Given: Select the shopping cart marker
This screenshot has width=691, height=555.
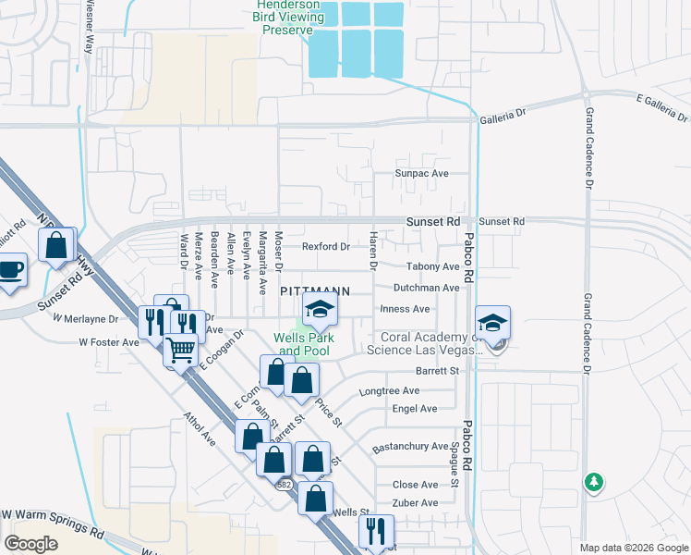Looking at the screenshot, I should pyautogui.click(x=180, y=349).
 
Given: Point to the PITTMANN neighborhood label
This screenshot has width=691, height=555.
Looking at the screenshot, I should pyautogui.click(x=315, y=290).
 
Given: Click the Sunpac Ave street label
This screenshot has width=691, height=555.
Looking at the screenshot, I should pyautogui.click(x=421, y=173).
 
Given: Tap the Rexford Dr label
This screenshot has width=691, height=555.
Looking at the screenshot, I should pyautogui.click(x=326, y=246).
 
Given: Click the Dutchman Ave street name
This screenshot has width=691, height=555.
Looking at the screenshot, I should pyautogui.click(x=426, y=288).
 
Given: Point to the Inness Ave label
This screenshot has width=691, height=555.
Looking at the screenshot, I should pyautogui.click(x=405, y=309).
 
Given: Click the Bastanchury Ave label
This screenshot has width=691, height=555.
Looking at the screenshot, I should pyautogui.click(x=410, y=448).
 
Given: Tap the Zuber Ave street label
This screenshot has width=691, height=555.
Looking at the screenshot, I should pyautogui.click(x=415, y=503).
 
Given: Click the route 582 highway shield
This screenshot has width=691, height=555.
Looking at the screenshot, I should pyautogui.click(x=284, y=485).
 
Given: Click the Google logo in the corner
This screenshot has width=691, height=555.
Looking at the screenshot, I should pyautogui.click(x=30, y=543).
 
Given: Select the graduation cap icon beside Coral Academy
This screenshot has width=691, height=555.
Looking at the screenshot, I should pyautogui.click(x=493, y=324).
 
